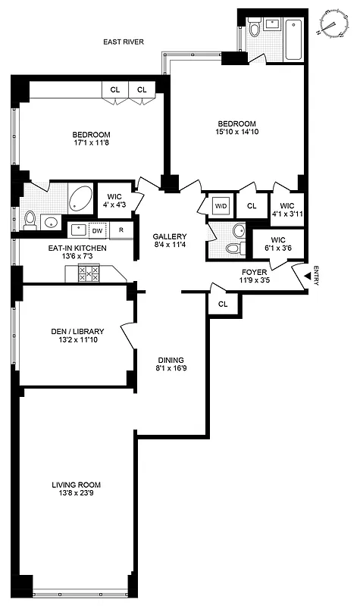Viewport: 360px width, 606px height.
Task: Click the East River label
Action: click(x=124, y=43)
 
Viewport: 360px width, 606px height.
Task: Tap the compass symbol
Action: click(x=331, y=23)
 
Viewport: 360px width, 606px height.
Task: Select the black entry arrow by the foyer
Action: click(x=306, y=278)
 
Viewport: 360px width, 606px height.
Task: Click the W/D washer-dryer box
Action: click(x=221, y=205)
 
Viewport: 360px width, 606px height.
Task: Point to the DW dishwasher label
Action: click(x=96, y=230)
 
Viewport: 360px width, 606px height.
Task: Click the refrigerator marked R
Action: click(x=121, y=230)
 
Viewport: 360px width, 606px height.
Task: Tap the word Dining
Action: click(x=171, y=361)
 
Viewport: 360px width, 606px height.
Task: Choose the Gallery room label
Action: click(x=169, y=236)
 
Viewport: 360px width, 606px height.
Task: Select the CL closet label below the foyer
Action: click(x=223, y=304)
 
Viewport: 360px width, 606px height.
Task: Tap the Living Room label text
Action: click(x=76, y=485)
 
